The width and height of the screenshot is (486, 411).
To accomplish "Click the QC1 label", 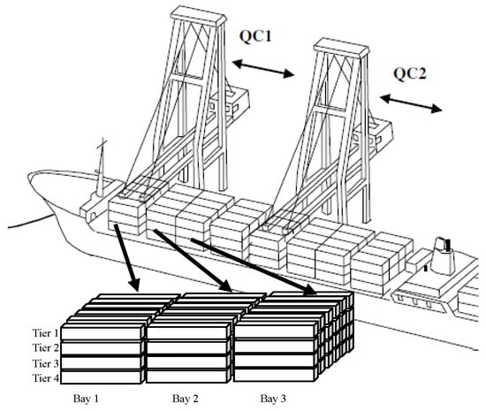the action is [x=255, y=36].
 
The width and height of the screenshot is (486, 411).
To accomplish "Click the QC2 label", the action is [x=410, y=74].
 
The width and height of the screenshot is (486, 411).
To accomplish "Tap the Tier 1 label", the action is [x=45, y=333].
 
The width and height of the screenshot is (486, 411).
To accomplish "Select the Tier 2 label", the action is [x=45, y=347].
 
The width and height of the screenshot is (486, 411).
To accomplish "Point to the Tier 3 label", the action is [x=45, y=363].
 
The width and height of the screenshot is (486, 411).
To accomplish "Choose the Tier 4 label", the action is [x=45, y=377].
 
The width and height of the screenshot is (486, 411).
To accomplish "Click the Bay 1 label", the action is [x=86, y=399].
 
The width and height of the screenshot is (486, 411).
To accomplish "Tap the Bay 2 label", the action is [x=185, y=399].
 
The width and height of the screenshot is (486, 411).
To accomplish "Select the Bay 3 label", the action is [x=273, y=399].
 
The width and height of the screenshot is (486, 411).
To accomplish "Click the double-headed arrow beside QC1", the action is [x=263, y=69].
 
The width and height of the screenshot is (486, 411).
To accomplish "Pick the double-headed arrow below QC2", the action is [x=411, y=103].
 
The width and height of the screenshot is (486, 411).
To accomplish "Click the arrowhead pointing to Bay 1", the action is [x=135, y=285].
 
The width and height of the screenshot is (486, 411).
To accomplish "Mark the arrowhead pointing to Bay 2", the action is [x=225, y=285].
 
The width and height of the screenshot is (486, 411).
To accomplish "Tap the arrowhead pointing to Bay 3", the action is [x=310, y=290].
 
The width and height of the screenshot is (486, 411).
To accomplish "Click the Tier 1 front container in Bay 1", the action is [x=102, y=332].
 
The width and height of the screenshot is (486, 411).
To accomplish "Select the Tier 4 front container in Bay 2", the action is [x=188, y=377].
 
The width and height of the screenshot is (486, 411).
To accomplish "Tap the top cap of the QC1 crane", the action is [x=198, y=15].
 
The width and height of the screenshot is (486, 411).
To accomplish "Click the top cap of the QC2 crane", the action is [x=341, y=47].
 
